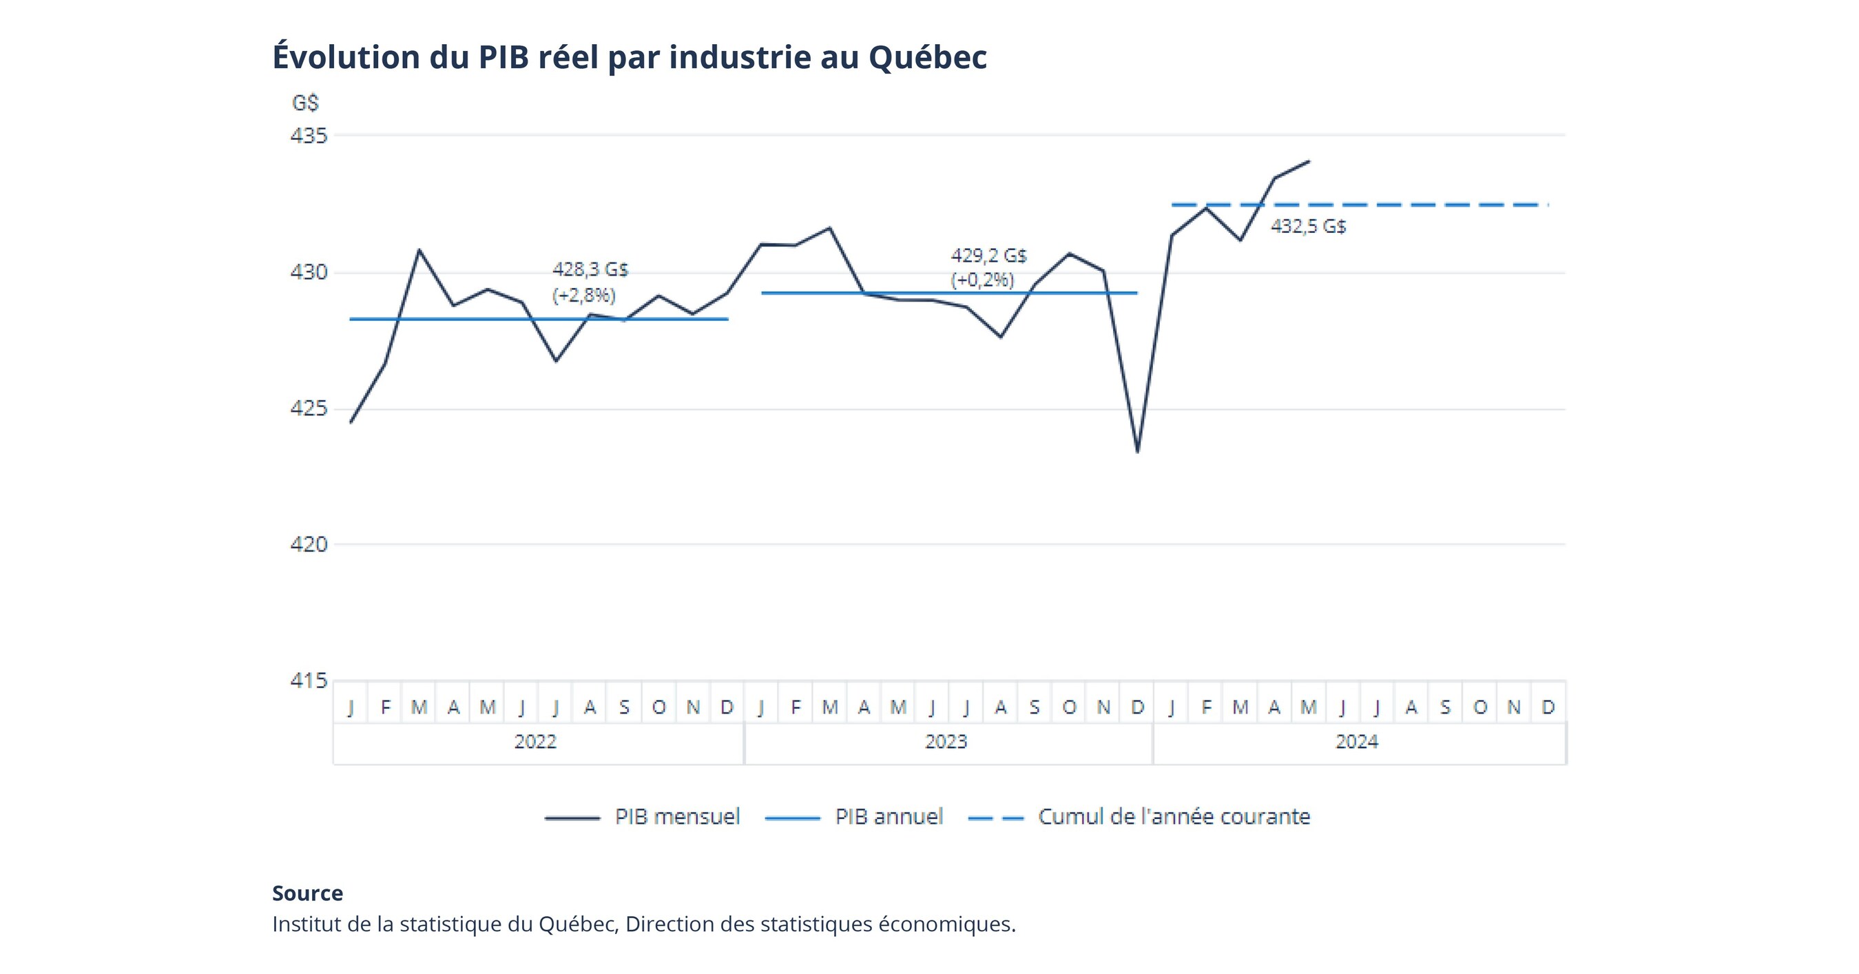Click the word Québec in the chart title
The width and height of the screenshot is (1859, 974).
pyautogui.click(x=926, y=58)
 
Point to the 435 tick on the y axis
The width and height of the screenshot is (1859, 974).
pyautogui.click(x=309, y=136)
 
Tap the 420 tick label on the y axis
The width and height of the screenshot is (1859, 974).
pyautogui.click(x=309, y=544)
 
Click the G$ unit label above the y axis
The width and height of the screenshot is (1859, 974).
pyautogui.click(x=305, y=103)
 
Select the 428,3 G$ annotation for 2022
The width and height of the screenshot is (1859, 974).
pyautogui.click(x=590, y=270)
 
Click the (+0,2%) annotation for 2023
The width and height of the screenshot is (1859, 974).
pyautogui.click(x=982, y=280)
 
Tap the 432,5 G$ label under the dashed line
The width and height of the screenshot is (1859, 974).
pyautogui.click(x=1308, y=227)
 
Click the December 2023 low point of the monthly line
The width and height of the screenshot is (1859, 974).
pyautogui.click(x=1137, y=452)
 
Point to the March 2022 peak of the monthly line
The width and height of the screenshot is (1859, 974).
pyautogui.click(x=419, y=250)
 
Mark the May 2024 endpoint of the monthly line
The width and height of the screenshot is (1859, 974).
pyautogui.click(x=1309, y=162)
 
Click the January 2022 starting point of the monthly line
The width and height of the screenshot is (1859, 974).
pyautogui.click(x=351, y=422)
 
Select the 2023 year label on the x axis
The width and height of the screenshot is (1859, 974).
pyautogui.click(x=946, y=742)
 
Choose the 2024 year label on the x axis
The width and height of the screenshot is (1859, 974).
pyautogui.click(x=1356, y=742)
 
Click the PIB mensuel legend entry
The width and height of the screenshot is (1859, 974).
pyautogui.click(x=677, y=817)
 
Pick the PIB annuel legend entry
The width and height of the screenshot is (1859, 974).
pyautogui.click(x=889, y=817)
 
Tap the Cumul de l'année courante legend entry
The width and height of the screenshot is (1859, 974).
pyautogui.click(x=1174, y=817)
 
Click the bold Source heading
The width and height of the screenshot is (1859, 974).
pyautogui.click(x=307, y=893)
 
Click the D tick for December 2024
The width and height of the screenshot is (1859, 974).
pyautogui.click(x=1548, y=707)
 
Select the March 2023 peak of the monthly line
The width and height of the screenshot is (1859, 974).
pyautogui.click(x=829, y=228)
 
